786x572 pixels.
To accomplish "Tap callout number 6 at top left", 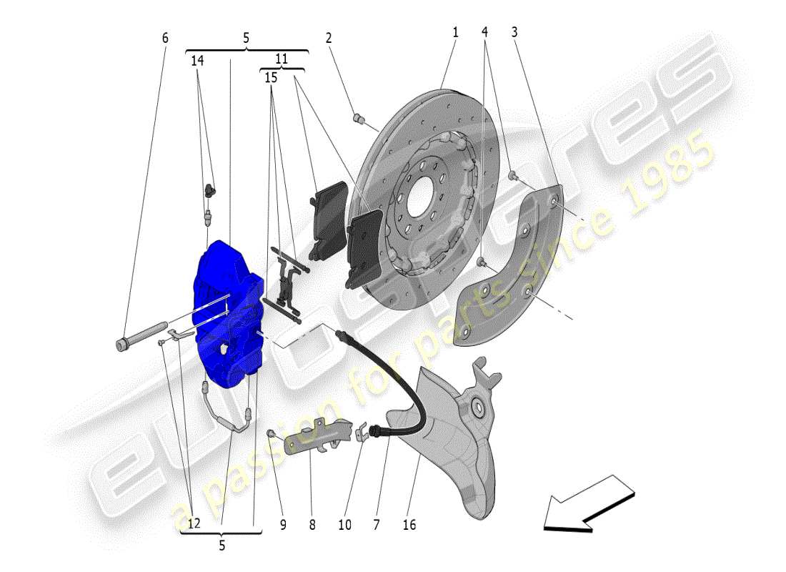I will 165,37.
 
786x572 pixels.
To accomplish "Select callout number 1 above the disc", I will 455,32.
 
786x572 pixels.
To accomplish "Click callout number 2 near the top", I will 329,37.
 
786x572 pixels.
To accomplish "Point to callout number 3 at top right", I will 514,32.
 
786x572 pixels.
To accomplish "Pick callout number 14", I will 197,61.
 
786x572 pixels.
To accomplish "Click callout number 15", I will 271,77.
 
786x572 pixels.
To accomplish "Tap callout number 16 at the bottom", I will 409,525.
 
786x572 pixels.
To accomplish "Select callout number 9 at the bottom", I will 283,525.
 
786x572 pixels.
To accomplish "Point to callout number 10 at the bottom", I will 345,525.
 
